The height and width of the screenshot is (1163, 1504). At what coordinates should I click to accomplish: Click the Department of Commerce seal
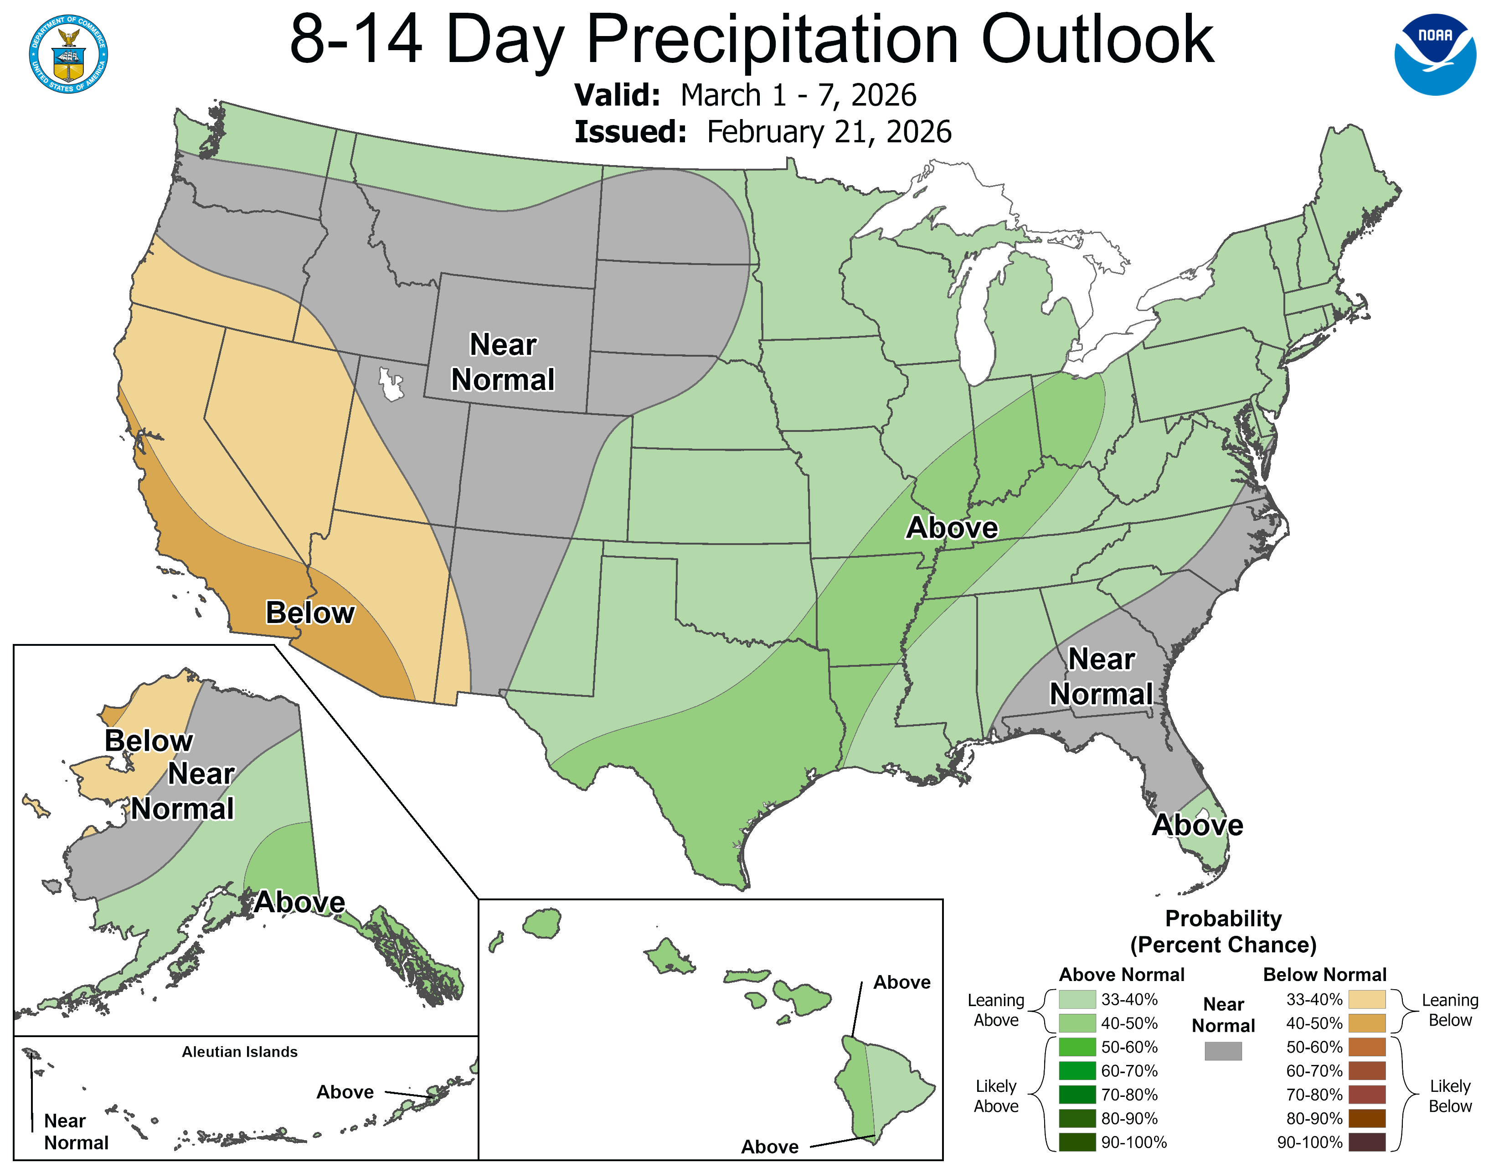68,54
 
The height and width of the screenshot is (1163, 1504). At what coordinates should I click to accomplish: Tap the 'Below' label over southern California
310,613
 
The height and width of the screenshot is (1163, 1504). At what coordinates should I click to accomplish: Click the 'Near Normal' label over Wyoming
503,362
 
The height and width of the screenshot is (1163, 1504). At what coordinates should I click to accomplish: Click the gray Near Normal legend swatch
1223,1051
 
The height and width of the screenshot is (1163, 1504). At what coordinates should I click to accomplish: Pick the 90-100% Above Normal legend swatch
1077,1142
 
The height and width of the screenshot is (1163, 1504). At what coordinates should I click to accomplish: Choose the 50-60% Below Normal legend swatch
1366,1047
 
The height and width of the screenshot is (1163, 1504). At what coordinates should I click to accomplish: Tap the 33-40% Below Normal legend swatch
1366,999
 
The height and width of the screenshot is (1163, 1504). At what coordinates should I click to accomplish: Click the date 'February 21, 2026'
829,132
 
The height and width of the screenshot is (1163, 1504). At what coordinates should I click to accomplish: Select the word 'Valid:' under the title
617,95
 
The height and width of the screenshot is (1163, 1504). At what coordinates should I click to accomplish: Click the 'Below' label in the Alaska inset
149,741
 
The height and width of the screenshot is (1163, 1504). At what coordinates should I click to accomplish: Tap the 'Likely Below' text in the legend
1450,1096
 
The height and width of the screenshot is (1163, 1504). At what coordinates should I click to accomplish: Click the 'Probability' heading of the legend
1223,919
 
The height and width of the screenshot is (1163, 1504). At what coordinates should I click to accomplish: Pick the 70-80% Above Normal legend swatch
1077,1095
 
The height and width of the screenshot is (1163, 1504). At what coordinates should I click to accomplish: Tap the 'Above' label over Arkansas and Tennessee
952,528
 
